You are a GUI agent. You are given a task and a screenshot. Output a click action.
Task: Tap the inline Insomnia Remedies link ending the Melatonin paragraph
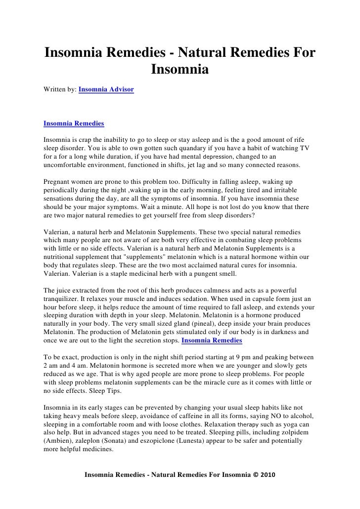(x=212, y=340)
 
